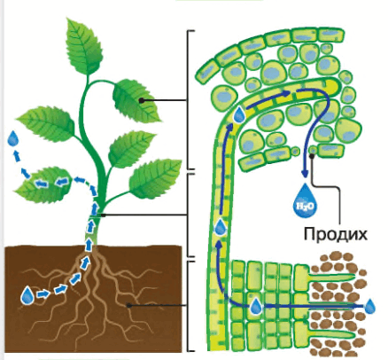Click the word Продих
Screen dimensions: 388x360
[336, 234]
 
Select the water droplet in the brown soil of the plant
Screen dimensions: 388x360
[27, 294]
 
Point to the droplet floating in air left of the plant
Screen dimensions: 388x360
[13, 138]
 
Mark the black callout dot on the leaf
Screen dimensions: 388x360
[142, 100]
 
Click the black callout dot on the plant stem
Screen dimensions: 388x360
[103, 215]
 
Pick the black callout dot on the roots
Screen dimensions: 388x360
[129, 306]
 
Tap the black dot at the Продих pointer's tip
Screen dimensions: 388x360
[312, 156]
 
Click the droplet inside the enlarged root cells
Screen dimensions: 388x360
[256, 306]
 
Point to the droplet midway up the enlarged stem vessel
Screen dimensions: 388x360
[220, 227]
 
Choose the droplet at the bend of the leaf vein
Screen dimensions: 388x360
[239, 114]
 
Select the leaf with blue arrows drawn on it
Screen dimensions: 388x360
[43, 184]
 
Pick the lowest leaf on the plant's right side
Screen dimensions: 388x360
[156, 178]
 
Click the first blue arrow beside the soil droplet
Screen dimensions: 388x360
[43, 293]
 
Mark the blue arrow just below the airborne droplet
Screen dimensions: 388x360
[17, 156]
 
